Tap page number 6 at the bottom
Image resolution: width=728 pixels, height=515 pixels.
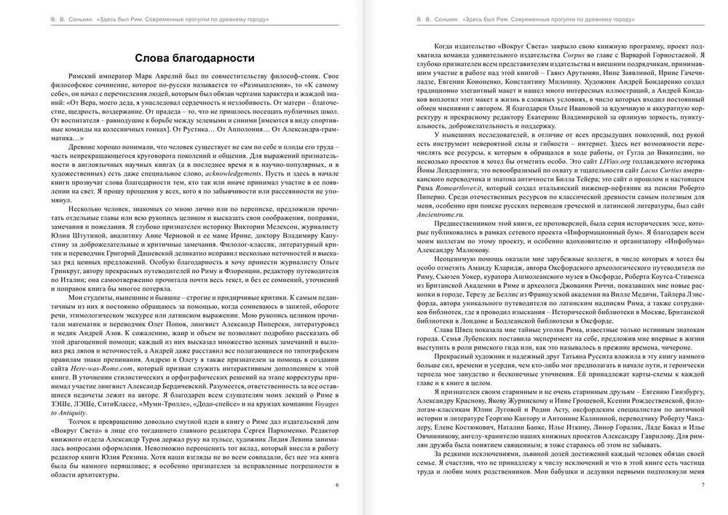336,484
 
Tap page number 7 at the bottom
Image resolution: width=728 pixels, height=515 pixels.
702,484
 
